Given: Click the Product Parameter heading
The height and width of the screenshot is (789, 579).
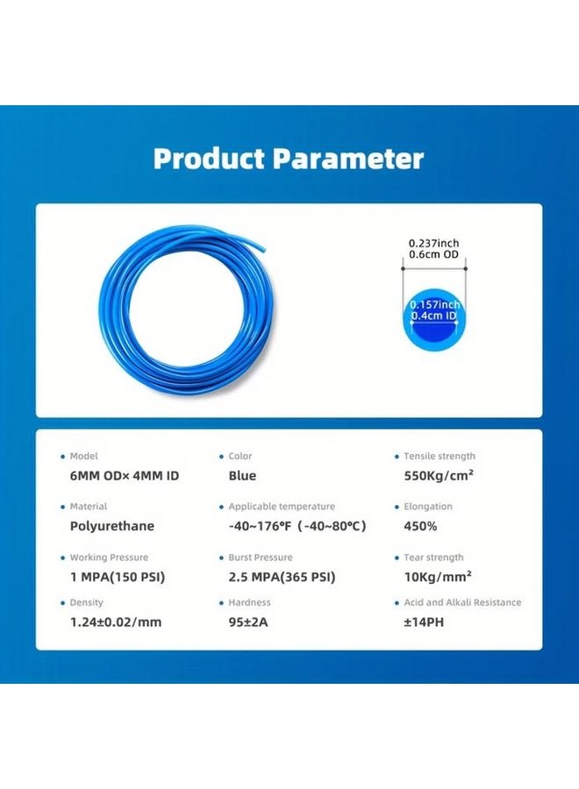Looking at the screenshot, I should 289,159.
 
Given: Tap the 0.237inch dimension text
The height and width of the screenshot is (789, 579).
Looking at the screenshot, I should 433,243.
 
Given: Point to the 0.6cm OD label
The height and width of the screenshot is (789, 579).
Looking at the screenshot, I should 433,255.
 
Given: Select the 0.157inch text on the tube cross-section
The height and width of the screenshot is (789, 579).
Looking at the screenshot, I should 433,304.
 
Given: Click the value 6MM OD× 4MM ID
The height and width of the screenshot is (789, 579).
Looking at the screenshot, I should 125,476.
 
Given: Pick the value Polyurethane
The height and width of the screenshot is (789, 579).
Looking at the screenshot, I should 111,527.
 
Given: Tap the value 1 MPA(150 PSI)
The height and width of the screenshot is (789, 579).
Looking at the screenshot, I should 118,578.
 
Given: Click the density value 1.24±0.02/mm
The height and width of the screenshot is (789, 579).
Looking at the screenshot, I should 116,622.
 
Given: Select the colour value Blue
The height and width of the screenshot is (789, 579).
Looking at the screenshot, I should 242,476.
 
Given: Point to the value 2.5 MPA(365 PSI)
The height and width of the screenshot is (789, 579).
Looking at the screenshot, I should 282,578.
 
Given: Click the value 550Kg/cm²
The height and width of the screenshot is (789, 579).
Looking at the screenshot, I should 439,476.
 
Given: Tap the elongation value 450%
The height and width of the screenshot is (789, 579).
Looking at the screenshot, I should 420,527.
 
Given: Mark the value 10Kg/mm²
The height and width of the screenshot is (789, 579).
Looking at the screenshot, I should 438,578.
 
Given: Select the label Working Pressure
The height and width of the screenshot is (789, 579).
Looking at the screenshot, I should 109,558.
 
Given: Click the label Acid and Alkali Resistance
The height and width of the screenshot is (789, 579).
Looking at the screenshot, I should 462,603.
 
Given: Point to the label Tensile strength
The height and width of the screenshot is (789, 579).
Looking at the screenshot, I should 440,457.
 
